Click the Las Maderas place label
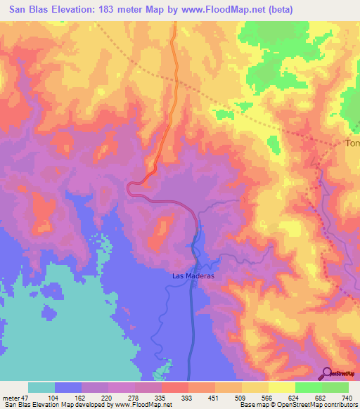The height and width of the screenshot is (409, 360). pos(193,276)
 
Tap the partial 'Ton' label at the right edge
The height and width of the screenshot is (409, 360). pos(352,143)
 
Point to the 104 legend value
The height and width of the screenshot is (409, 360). pos(53,398)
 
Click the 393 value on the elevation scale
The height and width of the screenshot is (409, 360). pos(188,398)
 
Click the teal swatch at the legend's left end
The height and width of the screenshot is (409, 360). pos(41,387)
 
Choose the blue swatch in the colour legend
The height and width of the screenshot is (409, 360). pos(68,387)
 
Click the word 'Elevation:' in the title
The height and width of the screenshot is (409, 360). pos(77,9)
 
